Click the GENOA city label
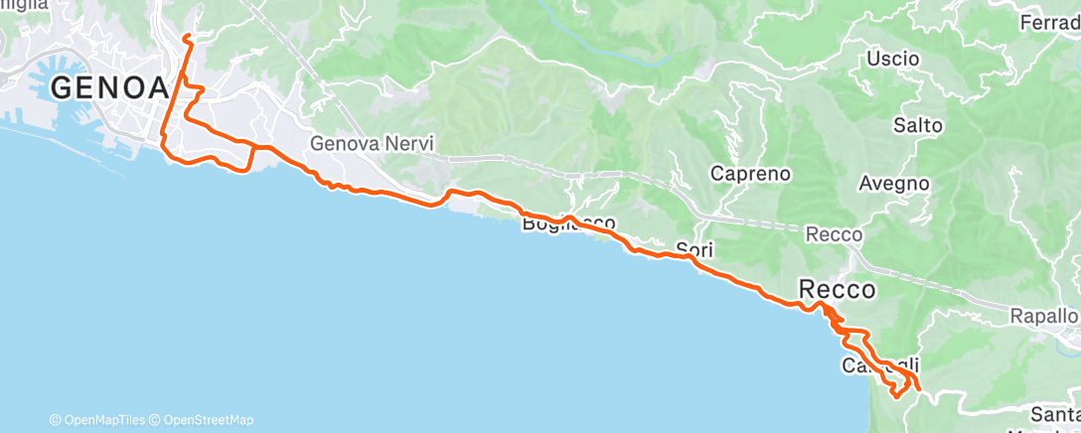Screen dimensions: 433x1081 point(109,87)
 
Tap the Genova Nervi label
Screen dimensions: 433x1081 point(372,143)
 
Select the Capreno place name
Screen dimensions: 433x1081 point(750,174)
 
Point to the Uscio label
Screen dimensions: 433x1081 point(892,59)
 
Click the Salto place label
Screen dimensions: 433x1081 point(917,126)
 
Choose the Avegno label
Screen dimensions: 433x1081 point(893,184)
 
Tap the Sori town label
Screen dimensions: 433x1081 point(695,248)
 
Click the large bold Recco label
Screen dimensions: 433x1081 point(838,290)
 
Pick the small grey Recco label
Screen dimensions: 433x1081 point(834,234)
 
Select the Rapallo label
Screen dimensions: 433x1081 point(1043,315)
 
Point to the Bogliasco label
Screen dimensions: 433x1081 point(569,224)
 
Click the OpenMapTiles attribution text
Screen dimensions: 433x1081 point(99,420)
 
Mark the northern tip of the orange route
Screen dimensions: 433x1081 point(187,37)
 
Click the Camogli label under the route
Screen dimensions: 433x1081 point(873,364)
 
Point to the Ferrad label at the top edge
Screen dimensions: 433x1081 point(1050,21)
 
